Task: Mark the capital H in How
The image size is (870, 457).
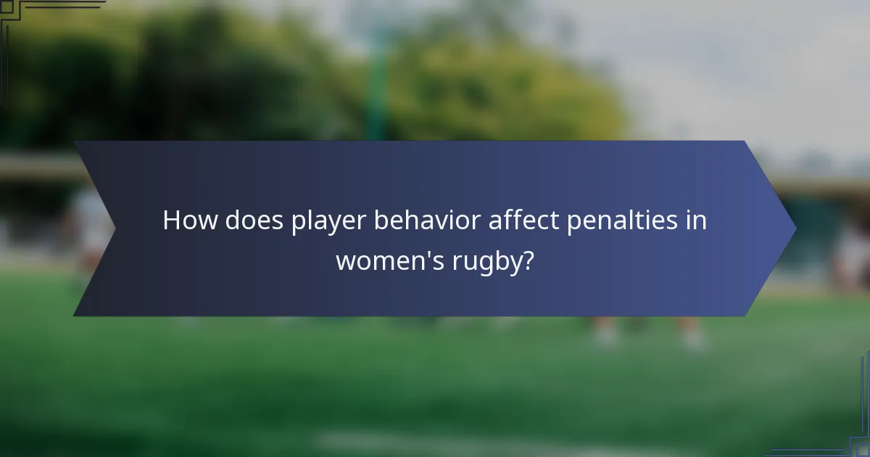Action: [x=172, y=221]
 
